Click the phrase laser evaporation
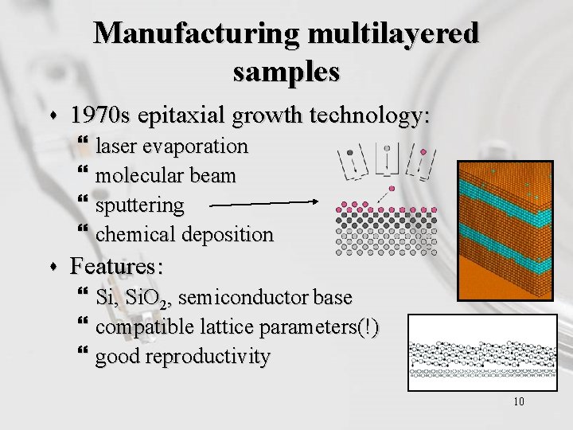pyautogui.click(x=172, y=147)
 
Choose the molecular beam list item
pyautogui.click(x=166, y=176)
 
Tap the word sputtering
pyautogui.click(x=139, y=205)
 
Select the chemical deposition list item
pyautogui.click(x=184, y=235)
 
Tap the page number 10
pyautogui.click(x=519, y=401)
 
